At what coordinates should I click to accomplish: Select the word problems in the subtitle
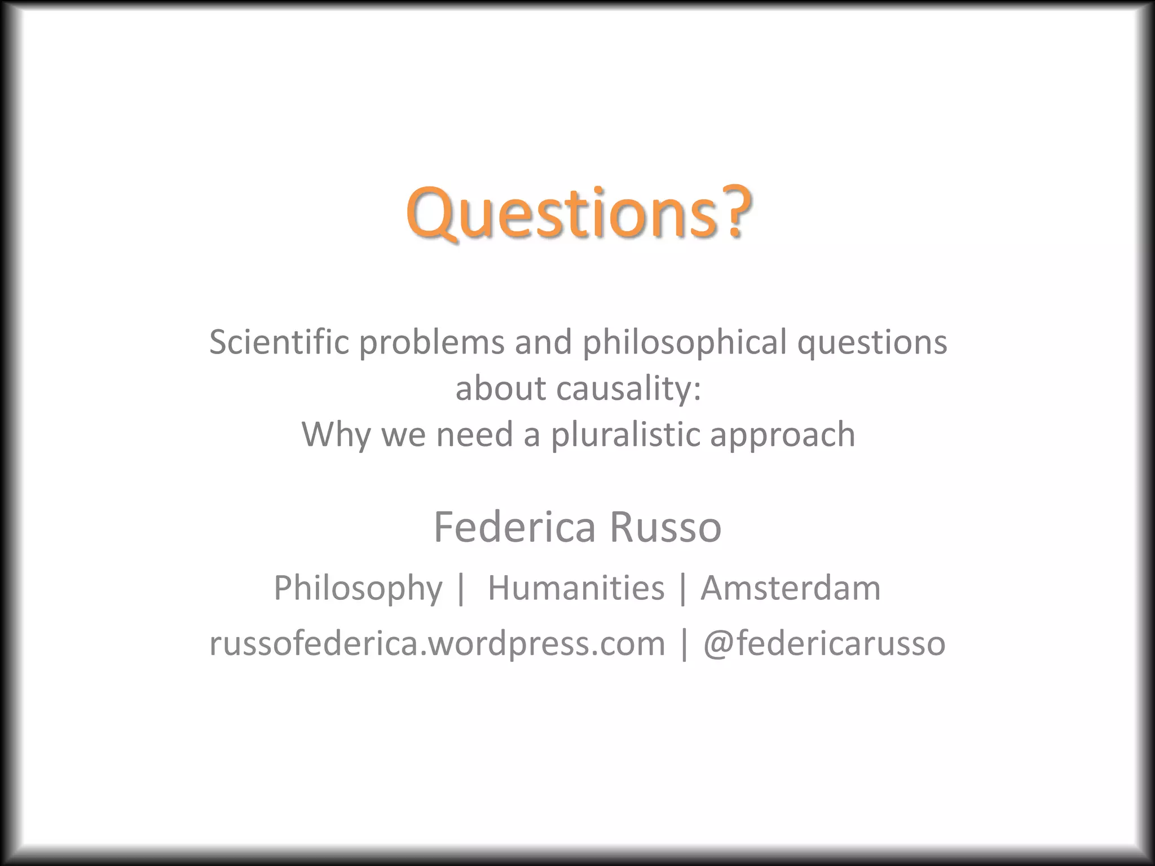[431, 343]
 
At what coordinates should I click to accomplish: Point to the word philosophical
[684, 343]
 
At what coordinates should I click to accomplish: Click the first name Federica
[514, 527]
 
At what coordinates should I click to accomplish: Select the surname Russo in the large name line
[665, 527]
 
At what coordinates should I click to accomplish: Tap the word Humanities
[576, 588]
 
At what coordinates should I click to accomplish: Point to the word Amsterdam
[790, 588]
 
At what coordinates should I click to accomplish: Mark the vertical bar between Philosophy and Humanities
[461, 588]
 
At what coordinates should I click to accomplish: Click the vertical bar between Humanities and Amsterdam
[683, 588]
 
